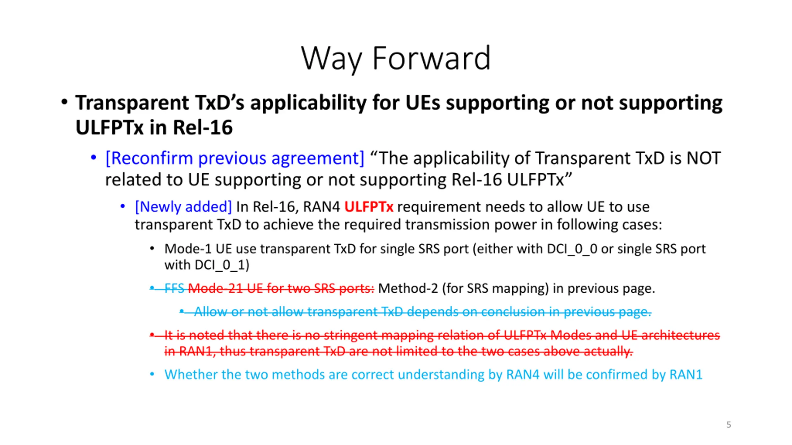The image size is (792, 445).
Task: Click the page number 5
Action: [x=729, y=425]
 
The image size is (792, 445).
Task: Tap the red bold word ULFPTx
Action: [x=369, y=207]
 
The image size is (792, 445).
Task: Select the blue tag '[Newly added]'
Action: [x=183, y=207]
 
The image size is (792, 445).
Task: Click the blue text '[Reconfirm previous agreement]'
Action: [x=235, y=158]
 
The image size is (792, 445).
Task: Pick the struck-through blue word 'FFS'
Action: [x=174, y=288]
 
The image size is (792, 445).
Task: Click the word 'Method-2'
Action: [x=408, y=288]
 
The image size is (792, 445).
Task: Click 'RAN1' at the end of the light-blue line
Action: [x=686, y=375]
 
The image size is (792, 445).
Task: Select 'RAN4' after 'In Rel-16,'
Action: [x=321, y=207]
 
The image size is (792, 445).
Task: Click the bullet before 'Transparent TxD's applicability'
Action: [x=64, y=102]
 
